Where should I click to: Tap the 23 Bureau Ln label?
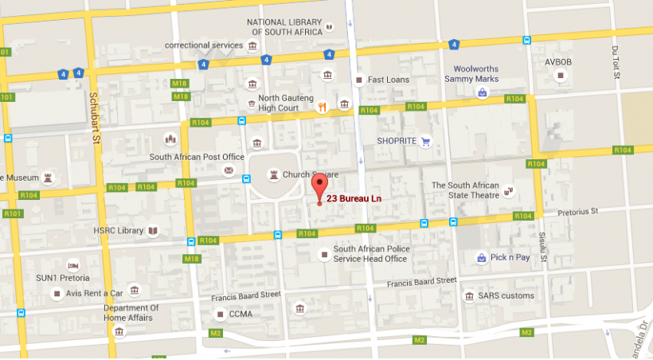tap(355, 198)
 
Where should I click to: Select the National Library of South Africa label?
tap(284, 26)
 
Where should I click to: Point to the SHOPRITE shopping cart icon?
tap(425, 142)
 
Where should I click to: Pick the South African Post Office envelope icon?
tap(229, 171)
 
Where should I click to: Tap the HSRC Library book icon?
tap(153, 231)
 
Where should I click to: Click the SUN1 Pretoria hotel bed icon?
tap(72, 265)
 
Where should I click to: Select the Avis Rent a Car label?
tap(95, 293)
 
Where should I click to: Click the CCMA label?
tap(240, 314)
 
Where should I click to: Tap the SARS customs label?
tap(506, 295)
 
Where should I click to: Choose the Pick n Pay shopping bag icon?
tap(481, 257)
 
